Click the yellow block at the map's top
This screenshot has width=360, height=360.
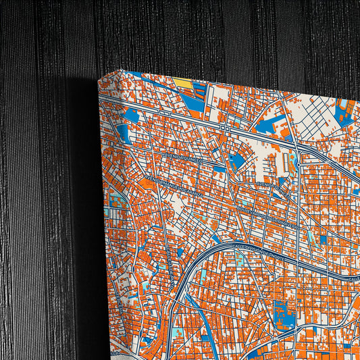click(182, 84)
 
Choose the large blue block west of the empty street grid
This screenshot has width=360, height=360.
click(274, 125)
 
